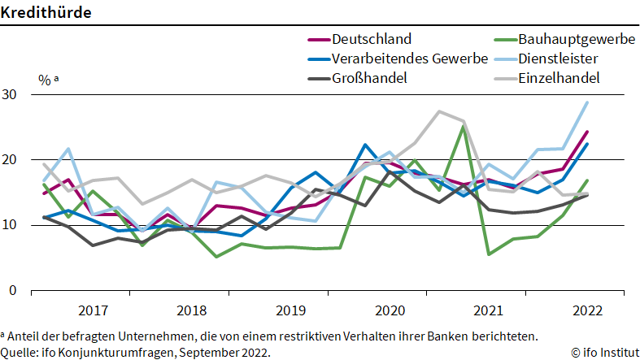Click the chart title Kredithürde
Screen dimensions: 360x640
[x=46, y=12]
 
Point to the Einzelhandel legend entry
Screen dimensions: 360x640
[x=559, y=78]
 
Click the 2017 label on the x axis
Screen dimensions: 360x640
[x=94, y=310]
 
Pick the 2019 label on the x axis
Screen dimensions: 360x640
[x=291, y=310]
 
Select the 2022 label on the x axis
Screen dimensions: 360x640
[x=588, y=310]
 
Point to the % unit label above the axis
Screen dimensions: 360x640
[x=43, y=80]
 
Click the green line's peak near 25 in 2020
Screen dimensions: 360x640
[x=463, y=127]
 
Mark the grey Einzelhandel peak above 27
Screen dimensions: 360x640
[x=439, y=111]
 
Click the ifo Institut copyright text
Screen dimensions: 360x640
[x=605, y=352]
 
